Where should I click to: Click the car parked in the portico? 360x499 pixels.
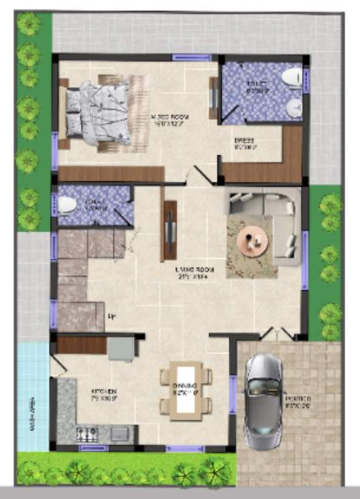263,402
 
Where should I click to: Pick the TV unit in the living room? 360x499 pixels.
169,231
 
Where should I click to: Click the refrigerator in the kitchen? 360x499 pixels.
120,349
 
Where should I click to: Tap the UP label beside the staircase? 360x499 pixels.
111,316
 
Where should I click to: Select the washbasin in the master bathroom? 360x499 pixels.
294,108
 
